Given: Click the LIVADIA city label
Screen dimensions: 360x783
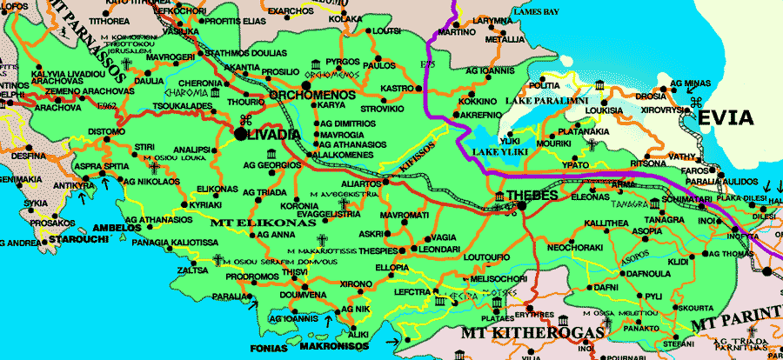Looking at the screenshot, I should click(x=275, y=134).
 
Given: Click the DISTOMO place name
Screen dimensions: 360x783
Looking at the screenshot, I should click(x=107, y=132).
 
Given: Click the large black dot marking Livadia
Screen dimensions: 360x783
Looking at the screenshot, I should click(x=240, y=134).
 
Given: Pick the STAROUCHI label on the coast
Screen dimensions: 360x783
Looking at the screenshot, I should click(x=77, y=237).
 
